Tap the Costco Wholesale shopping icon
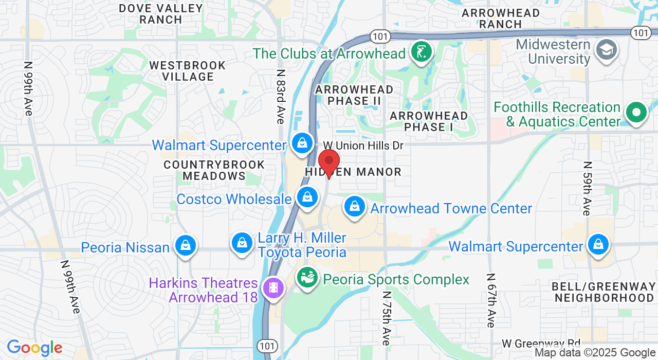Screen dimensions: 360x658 [307, 197]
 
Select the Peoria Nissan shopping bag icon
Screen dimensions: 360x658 [186, 246]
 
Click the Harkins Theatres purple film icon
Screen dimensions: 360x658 [273, 287]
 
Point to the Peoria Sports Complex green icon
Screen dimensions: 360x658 [307, 278]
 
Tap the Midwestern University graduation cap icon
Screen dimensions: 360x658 [606, 50]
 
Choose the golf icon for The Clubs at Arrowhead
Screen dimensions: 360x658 [422, 52]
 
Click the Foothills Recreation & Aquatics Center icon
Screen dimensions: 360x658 [636, 112]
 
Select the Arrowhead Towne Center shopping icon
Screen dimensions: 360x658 [354, 207]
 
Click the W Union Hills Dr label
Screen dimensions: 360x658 [363, 146]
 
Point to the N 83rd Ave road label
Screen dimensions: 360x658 [280, 97]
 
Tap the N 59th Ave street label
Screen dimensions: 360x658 [587, 188]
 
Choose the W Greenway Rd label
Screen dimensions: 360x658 [541, 343]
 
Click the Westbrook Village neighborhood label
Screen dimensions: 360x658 [188, 71]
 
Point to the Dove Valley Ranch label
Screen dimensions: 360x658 [161, 14]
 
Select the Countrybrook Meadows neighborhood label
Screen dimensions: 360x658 [214, 170]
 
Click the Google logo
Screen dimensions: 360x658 [34, 348]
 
